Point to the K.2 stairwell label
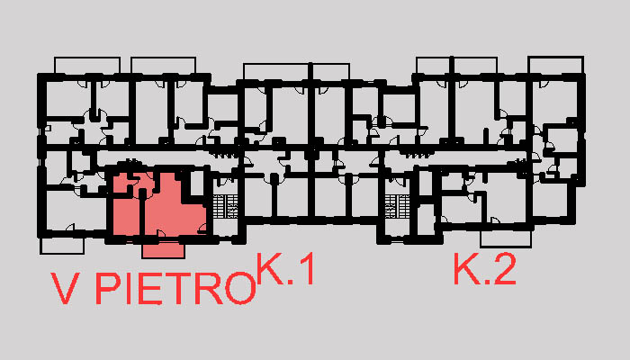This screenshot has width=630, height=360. click(484, 270)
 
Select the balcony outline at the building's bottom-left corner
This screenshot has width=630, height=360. click(65, 245)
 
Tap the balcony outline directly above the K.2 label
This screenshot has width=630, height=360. click(509, 239)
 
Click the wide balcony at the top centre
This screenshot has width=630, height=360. click(296, 71)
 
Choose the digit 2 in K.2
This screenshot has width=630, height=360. click(504, 270)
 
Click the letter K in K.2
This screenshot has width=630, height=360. click(466, 270)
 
